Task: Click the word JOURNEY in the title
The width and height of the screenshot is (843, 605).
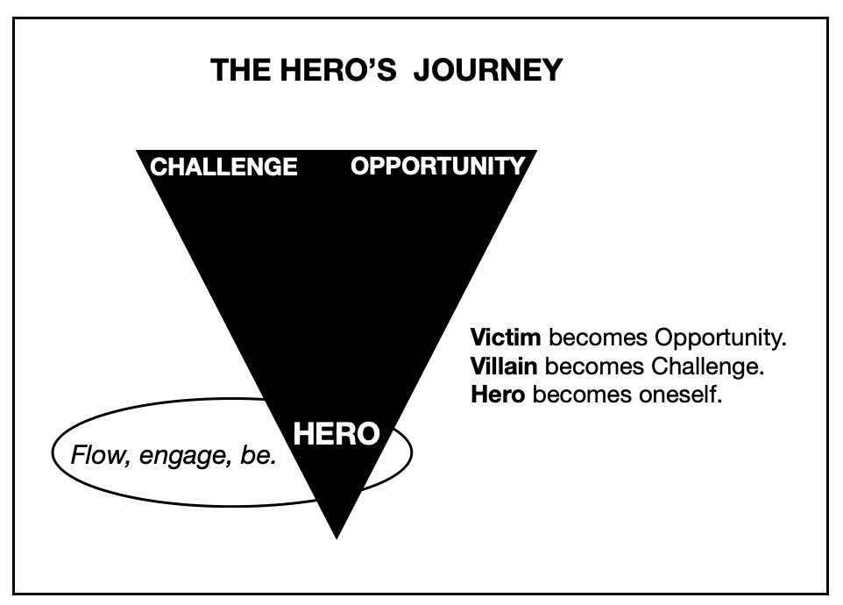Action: [x=487, y=70]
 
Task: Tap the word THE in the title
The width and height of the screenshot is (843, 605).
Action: [x=237, y=70]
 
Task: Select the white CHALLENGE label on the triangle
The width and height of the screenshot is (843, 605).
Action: [x=224, y=167]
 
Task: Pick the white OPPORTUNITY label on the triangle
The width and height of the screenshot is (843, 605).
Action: [x=438, y=166]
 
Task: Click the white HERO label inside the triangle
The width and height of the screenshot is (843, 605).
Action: [x=336, y=433]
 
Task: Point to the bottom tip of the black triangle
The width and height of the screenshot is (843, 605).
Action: [x=336, y=535]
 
